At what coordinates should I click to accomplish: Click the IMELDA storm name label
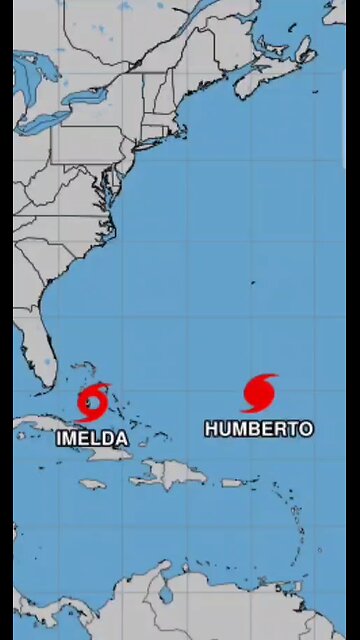[93, 438]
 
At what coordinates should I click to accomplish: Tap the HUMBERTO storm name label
[259, 428]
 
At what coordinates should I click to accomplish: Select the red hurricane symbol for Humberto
[259, 392]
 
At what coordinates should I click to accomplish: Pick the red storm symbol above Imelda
[93, 402]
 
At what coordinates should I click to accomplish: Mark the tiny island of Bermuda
[252, 283]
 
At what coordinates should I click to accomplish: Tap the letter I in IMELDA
[60, 438]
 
